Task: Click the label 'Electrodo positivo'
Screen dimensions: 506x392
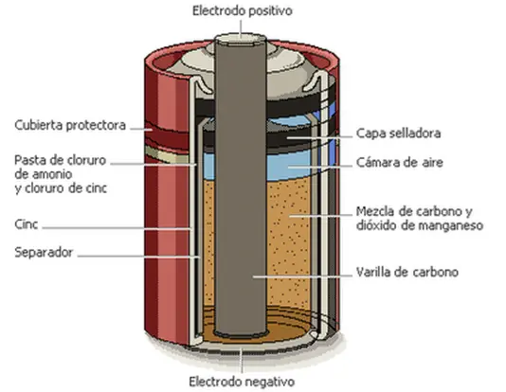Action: (243, 11)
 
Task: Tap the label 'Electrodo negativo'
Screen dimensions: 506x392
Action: (242, 382)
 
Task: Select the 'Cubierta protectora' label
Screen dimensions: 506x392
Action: (70, 125)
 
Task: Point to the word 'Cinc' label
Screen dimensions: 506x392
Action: (27, 224)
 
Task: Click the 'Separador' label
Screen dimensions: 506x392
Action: (44, 252)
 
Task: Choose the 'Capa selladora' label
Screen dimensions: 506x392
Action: (399, 134)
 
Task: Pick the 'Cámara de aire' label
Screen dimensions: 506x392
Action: (400, 162)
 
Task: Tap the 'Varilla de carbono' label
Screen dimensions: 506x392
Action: (407, 272)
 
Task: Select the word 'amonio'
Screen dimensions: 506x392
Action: (44, 174)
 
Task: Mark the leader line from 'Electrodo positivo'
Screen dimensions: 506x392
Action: (241, 27)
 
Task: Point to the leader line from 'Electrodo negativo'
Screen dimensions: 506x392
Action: (242, 361)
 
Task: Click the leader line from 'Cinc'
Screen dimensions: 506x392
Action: (117, 228)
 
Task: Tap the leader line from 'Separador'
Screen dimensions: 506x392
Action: (138, 257)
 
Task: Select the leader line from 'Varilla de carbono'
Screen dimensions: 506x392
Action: (302, 276)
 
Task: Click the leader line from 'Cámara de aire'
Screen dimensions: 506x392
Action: (319, 167)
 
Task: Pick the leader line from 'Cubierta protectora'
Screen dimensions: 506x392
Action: (141, 130)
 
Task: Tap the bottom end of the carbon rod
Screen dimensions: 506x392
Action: (241, 332)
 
